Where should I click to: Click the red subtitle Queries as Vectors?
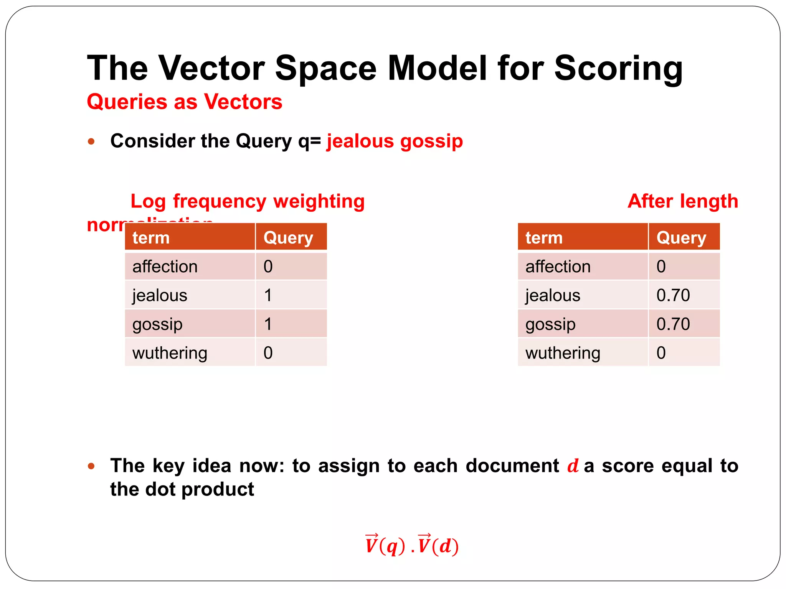click(185, 102)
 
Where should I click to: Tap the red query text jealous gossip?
click(395, 141)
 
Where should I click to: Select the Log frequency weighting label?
click(248, 201)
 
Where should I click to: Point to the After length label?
click(683, 201)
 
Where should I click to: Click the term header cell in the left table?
click(190, 238)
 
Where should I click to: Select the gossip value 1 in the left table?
click(268, 324)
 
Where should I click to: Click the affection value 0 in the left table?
click(268, 267)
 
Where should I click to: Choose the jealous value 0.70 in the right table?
click(673, 295)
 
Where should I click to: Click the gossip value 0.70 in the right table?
click(673, 324)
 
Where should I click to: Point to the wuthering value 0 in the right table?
click(661, 353)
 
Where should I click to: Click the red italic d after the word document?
click(573, 466)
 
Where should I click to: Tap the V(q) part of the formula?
click(385, 545)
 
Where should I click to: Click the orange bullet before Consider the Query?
click(91, 141)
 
